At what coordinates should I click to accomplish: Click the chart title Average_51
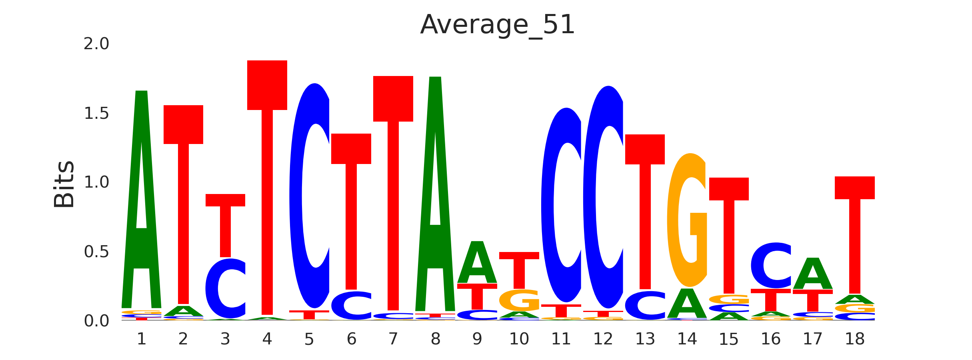pos(497,25)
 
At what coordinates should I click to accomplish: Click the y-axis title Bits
pos(64,184)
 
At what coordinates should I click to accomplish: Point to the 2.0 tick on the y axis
pos(96,44)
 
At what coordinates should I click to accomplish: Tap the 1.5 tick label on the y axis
pos(96,114)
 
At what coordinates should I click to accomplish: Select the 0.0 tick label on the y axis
pos(96,321)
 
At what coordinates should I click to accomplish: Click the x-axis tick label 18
pos(854,339)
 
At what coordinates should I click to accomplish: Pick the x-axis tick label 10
pos(519,339)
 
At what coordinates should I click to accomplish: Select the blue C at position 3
pos(225,289)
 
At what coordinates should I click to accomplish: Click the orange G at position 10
pos(519,300)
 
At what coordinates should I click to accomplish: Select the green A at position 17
pos(813,274)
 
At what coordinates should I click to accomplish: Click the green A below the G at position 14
pos(687,304)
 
